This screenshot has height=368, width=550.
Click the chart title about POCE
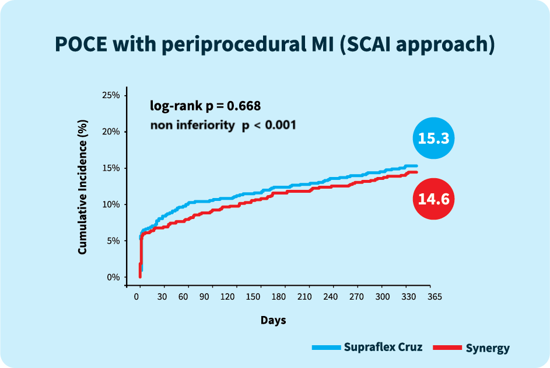pyautogui.click(x=275, y=45)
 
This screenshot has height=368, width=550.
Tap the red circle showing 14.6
pyautogui.click(x=433, y=199)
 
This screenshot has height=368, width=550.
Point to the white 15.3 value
pyautogui.click(x=433, y=139)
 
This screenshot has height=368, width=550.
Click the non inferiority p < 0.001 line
pyautogui.click(x=223, y=125)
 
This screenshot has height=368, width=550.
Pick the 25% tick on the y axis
pyautogui.click(x=111, y=95)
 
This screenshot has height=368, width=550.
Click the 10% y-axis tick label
pyautogui.click(x=111, y=204)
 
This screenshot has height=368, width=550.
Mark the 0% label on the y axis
pyautogui.click(x=113, y=277)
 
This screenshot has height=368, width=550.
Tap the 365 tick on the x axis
pyautogui.click(x=434, y=297)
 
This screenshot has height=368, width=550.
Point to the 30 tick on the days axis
pyautogui.click(x=162, y=297)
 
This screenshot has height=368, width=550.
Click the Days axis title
pyautogui.click(x=273, y=320)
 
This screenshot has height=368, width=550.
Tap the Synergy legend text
pyautogui.click(x=488, y=348)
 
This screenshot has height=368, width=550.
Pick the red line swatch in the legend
pyautogui.click(x=447, y=348)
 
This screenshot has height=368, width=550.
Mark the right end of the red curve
pyautogui.click(x=416, y=172)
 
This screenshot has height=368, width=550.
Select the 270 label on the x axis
pyautogui.click(x=357, y=297)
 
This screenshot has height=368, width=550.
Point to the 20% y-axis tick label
pyautogui.click(x=111, y=131)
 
